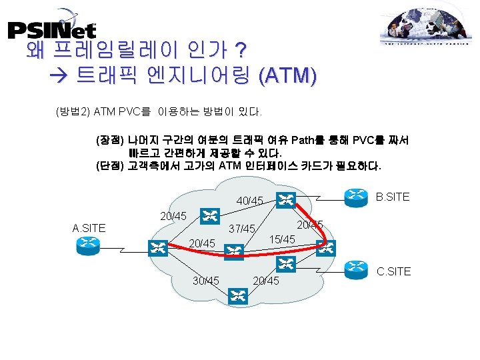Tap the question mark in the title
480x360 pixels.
pos(240,51)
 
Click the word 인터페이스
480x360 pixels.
pos(291,165)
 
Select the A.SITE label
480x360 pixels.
pos(89,228)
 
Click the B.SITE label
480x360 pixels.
pos(393,197)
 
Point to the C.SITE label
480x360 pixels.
pos(394,271)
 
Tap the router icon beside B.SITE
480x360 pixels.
pos(355,195)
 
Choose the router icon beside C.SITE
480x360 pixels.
pos(355,269)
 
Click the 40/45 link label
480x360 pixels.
pos(250,201)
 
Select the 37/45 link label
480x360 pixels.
pos(242,229)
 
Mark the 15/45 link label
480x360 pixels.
pos(282,239)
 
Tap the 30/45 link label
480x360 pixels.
pos(205,280)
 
